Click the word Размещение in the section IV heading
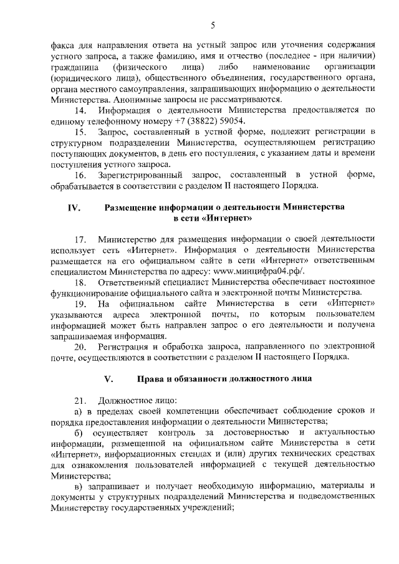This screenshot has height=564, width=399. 137,208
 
